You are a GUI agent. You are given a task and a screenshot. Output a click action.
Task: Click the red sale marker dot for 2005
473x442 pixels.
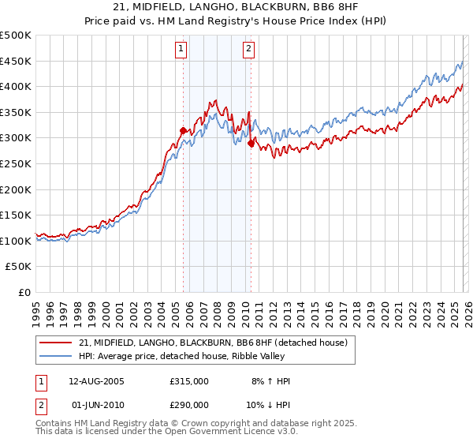(183, 131)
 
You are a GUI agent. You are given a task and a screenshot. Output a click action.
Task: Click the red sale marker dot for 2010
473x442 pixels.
(251, 144)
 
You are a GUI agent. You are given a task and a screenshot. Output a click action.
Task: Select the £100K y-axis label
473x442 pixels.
(16, 242)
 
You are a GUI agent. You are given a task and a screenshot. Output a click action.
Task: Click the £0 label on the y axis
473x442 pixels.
(24, 293)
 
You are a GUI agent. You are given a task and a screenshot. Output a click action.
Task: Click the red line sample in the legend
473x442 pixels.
(57, 343)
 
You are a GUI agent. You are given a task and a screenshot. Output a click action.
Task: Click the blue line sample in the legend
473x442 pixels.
(57, 356)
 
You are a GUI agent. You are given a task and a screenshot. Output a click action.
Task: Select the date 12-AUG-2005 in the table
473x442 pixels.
(97, 381)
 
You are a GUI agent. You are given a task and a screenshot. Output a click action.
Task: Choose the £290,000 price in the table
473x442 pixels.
(188, 406)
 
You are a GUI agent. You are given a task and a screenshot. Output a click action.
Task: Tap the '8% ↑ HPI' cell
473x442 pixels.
(270, 381)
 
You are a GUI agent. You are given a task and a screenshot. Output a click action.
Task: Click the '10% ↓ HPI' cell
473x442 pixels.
(270, 406)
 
